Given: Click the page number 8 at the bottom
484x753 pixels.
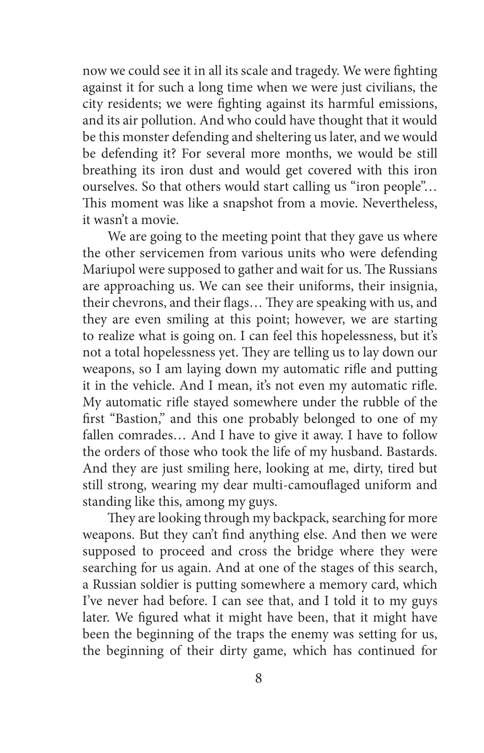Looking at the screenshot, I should click(x=258, y=678).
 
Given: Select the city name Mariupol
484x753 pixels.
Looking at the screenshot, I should click(x=108, y=270).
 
